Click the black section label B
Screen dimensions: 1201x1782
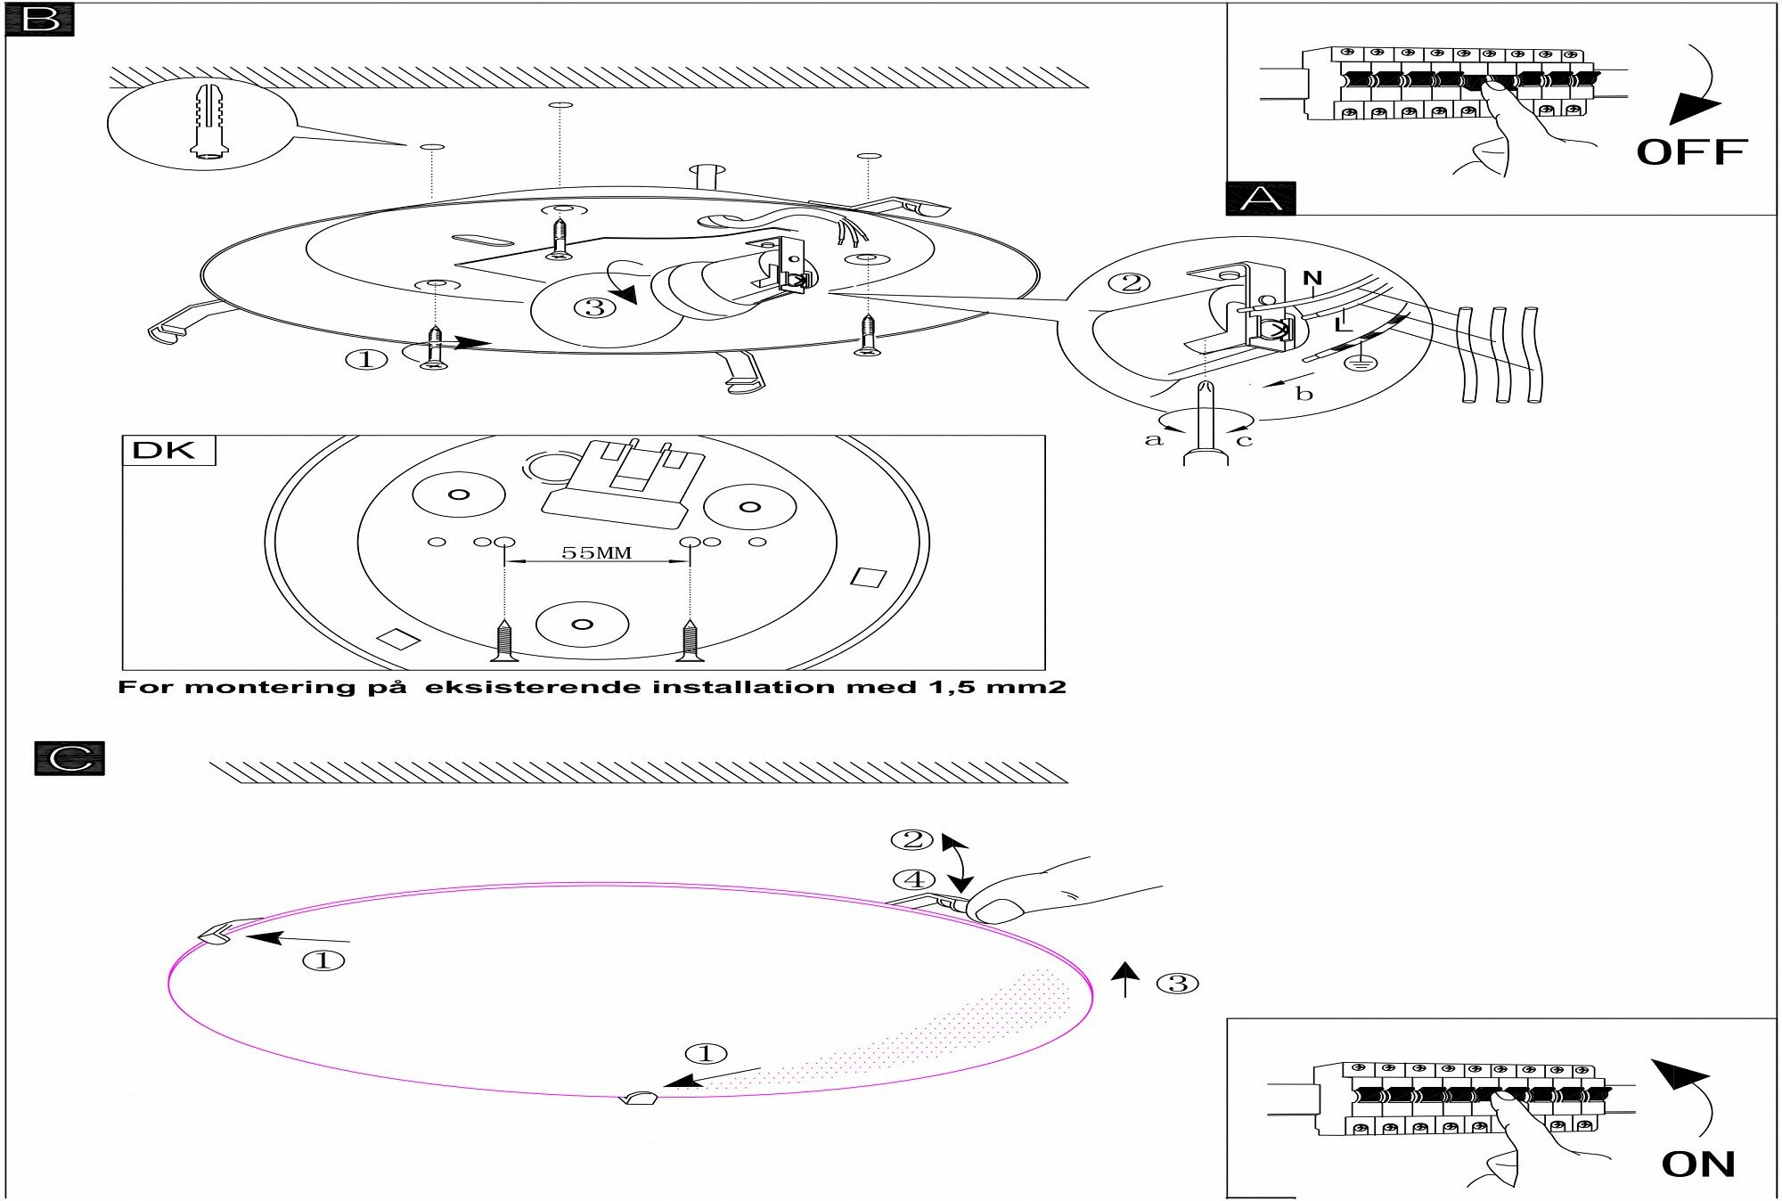[39, 20]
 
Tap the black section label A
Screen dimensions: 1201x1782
[1261, 198]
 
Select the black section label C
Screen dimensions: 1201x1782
[69, 758]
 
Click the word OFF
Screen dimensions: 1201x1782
[1690, 152]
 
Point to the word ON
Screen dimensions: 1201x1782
[1697, 1164]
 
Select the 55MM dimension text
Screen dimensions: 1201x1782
[596, 552]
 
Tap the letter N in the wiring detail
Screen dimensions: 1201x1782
[1312, 279]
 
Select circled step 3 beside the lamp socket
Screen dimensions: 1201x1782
[595, 307]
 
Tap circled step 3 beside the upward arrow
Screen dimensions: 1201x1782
[1177, 984]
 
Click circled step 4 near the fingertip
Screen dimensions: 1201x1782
[914, 880]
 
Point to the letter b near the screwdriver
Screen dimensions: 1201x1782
[1304, 394]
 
